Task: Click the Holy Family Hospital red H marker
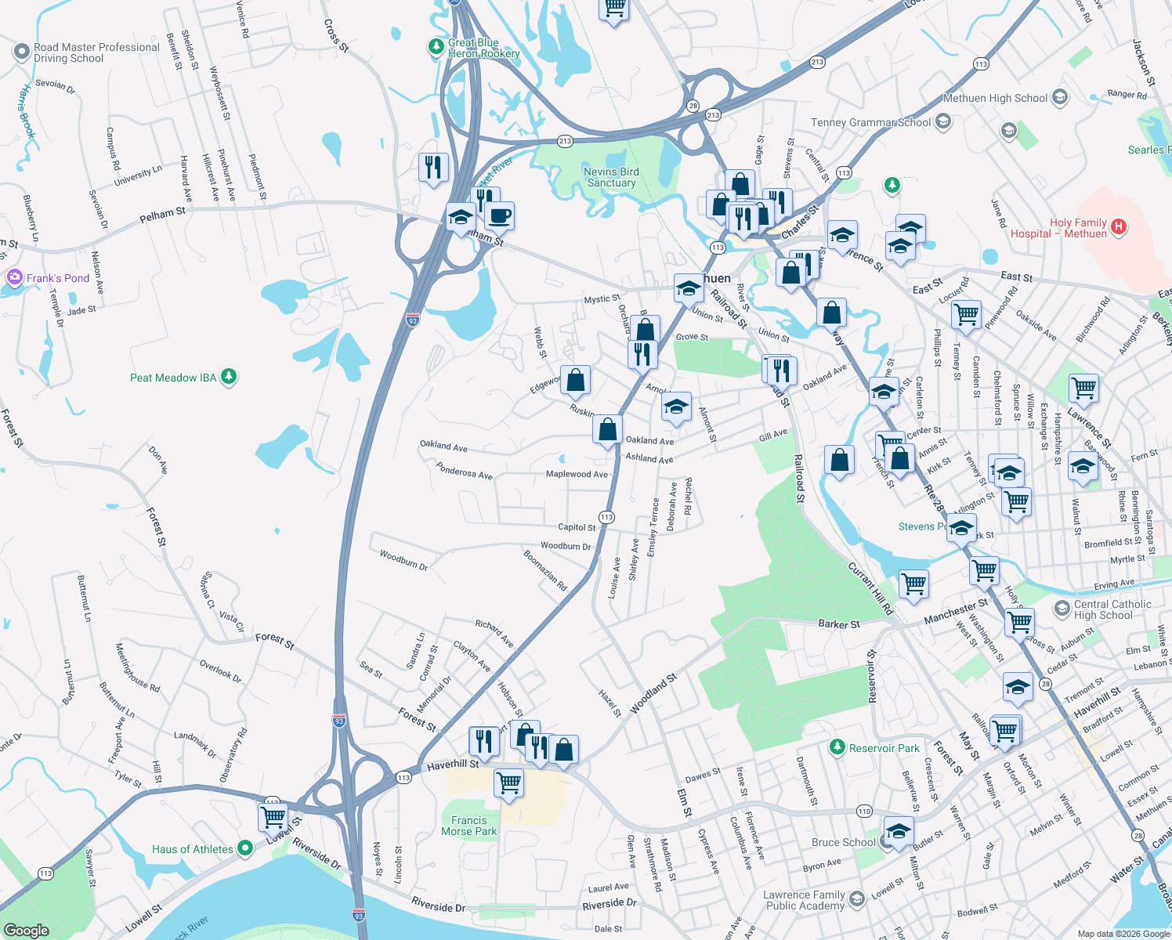click(1119, 227)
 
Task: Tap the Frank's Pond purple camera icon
click(14, 277)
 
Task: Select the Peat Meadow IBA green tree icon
click(229, 378)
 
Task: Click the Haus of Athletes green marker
click(245, 848)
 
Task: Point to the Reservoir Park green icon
click(837, 747)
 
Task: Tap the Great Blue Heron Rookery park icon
click(436, 48)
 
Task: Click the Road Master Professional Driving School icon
click(21, 52)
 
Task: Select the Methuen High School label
click(995, 99)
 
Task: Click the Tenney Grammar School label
click(870, 122)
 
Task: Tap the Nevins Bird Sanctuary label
click(611, 177)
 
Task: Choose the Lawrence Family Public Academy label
click(805, 900)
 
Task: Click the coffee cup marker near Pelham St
click(499, 215)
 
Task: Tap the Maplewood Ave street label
click(577, 474)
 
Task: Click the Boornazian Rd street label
click(545, 570)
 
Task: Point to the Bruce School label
click(843, 842)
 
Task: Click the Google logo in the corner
click(26, 930)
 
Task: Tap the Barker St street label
click(838, 624)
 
